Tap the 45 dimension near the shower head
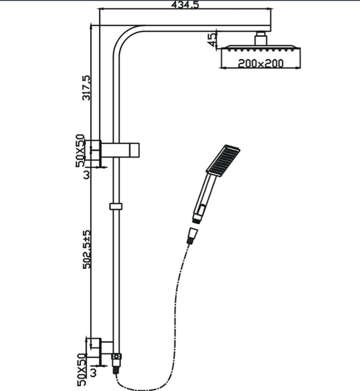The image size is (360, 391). coord(212,39)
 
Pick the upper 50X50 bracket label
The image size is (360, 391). coord(80,149)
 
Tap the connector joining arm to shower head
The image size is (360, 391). coord(260,39)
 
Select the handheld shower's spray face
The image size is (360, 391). coord(222,159)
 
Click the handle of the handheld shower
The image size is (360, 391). coord(202,195)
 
